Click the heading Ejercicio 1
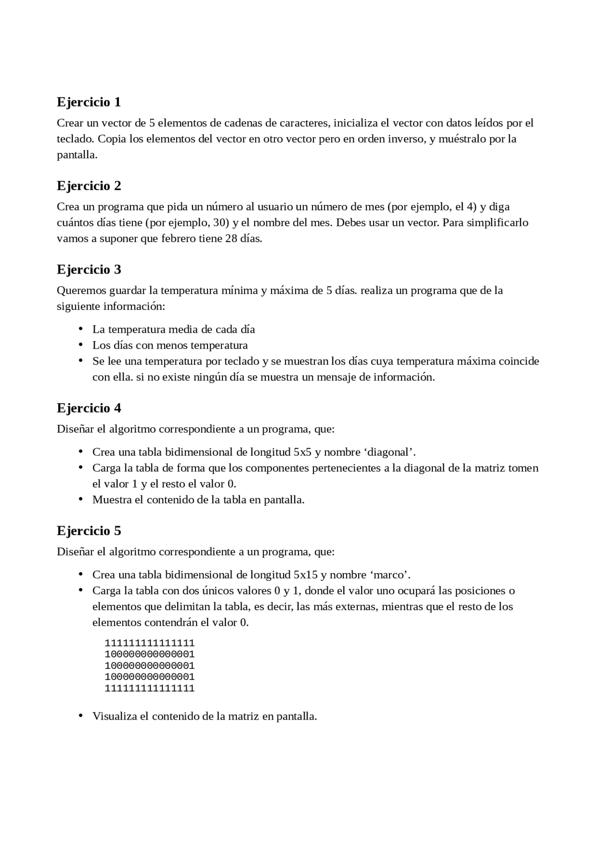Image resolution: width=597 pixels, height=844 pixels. click(x=89, y=102)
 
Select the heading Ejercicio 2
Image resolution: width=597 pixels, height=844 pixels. click(x=89, y=185)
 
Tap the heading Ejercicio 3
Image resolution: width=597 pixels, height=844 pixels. click(x=89, y=269)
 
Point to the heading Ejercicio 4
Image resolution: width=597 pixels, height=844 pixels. click(x=89, y=408)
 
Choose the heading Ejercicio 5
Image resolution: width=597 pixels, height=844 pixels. click(x=89, y=530)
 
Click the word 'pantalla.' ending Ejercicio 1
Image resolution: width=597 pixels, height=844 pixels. click(x=77, y=155)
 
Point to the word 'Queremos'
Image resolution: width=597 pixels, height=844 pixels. click(x=78, y=290)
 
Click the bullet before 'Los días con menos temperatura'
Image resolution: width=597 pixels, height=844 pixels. click(x=81, y=345)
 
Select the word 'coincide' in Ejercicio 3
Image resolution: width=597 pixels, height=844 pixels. click(x=519, y=361)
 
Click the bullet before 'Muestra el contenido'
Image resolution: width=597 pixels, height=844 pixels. click(x=81, y=499)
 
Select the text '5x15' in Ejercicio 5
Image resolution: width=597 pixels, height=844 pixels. click(x=305, y=575)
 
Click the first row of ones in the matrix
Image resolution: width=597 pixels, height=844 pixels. click(x=149, y=643)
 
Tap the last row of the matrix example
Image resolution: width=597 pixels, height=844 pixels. click(x=149, y=688)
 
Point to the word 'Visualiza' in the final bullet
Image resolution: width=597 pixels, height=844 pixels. click(x=115, y=716)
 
